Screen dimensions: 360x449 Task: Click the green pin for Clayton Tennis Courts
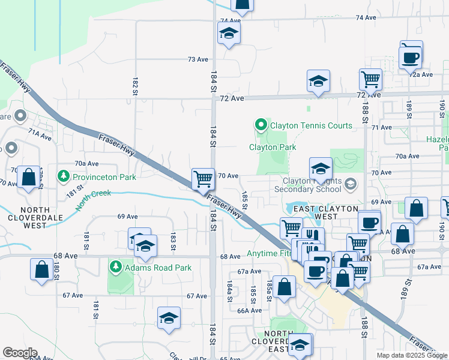pyautogui.click(x=261, y=125)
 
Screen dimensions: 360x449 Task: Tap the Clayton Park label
pyautogui.click(x=273, y=147)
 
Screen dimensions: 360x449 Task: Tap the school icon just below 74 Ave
pyautogui.click(x=229, y=34)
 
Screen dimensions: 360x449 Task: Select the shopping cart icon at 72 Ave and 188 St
pyautogui.click(x=370, y=79)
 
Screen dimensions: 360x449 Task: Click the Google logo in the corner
pyautogui.click(x=19, y=353)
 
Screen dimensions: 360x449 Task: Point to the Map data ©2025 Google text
pyautogui.click(x=412, y=355)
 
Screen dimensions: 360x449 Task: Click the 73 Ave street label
pyautogui.click(x=197, y=59)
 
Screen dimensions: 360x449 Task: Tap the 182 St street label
pyautogui.click(x=135, y=86)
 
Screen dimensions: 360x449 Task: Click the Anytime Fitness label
pyautogui.click(x=268, y=254)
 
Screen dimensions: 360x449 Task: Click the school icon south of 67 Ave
pyautogui.click(x=169, y=318)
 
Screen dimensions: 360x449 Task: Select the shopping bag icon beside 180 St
pyautogui.click(x=42, y=269)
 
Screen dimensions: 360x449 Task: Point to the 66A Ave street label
pyautogui.click(x=249, y=311)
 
